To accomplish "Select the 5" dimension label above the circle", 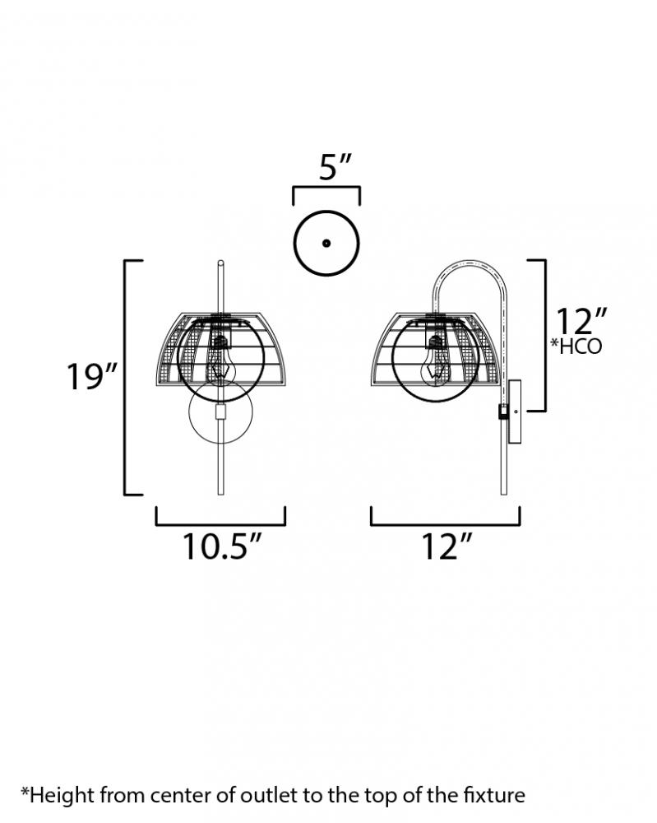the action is point(334,167).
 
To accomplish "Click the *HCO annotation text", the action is point(576,346).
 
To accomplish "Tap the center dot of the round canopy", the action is point(326,243).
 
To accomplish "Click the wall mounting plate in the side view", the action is point(515,412).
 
